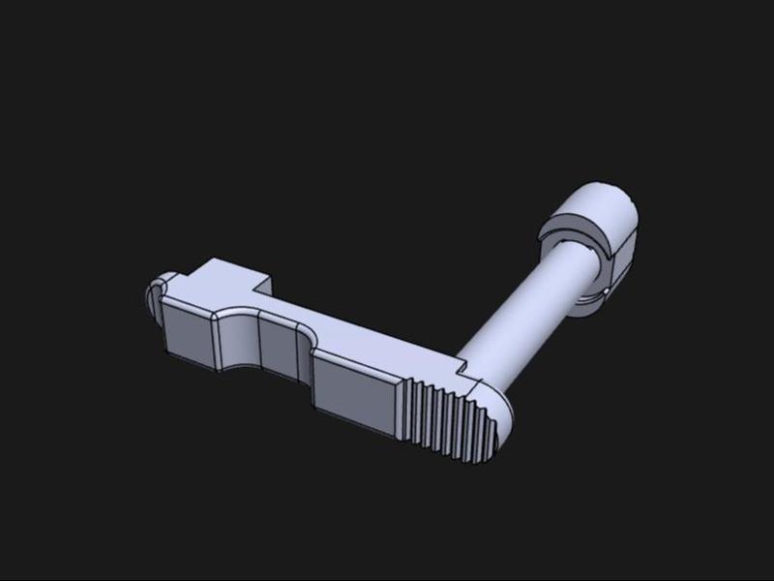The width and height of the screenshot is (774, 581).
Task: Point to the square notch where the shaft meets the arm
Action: pyautogui.click(x=462, y=369)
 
